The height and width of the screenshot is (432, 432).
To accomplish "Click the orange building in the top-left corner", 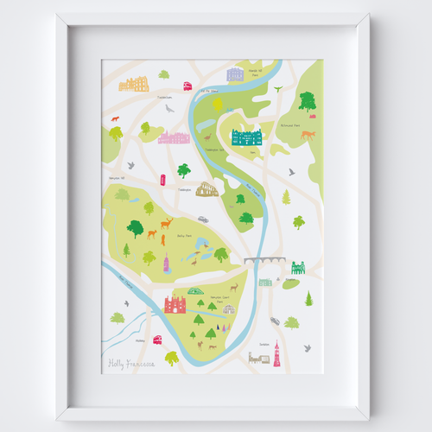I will tap(134, 84).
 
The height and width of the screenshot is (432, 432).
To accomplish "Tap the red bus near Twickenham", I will tap(187, 86).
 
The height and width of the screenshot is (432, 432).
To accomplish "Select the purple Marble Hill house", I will tap(236, 74).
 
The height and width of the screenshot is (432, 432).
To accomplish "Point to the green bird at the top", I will tap(277, 87).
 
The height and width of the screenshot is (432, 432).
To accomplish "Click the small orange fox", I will tap(113, 118).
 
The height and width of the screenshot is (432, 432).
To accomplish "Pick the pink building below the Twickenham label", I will tap(175, 137).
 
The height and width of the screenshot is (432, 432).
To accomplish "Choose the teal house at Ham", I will tap(248, 136).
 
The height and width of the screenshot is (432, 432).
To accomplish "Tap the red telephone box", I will tap(162, 179).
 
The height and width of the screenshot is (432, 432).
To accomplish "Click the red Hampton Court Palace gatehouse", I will tap(175, 302).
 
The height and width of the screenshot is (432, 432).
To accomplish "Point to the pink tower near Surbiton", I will tap(277, 353).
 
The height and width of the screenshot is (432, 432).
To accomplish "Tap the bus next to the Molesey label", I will tap(158, 340).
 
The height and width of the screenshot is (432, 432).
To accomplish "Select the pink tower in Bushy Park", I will tap(166, 263).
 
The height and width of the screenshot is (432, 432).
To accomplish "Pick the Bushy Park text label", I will tap(181, 234).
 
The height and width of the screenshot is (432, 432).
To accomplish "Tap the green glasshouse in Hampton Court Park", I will tap(196, 292).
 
